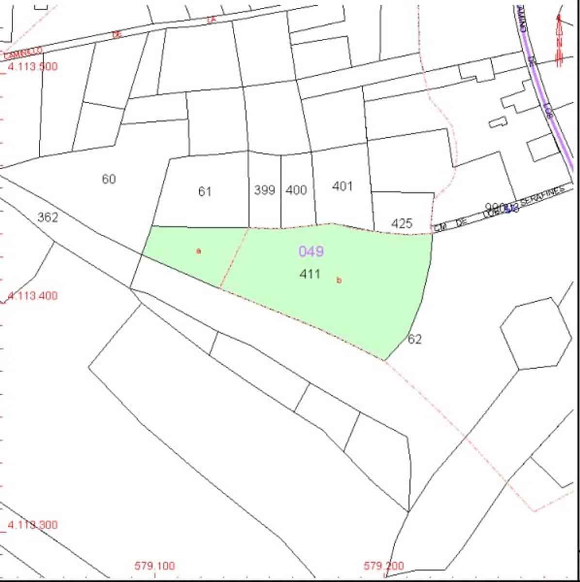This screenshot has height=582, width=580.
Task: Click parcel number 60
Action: pyautogui.click(x=109, y=179)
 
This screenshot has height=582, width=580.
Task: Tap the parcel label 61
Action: pyautogui.click(x=205, y=192)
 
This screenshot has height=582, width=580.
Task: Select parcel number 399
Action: pyautogui.click(x=264, y=190)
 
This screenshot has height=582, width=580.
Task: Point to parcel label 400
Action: pyautogui.click(x=296, y=190)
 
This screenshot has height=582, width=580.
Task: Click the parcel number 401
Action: pyautogui.click(x=342, y=186)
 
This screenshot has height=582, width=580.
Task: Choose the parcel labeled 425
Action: pyautogui.click(x=402, y=224)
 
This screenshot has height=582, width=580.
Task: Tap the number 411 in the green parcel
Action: pyautogui.click(x=310, y=274)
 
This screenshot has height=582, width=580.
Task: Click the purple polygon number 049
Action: pyautogui.click(x=311, y=251)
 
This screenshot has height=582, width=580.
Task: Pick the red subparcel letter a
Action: pyautogui.click(x=198, y=251)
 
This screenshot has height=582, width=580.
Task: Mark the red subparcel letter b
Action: pyautogui.click(x=339, y=280)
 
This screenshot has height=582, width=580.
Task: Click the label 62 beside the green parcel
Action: pyautogui.click(x=415, y=339)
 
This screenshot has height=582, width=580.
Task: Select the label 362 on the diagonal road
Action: pyautogui.click(x=48, y=217)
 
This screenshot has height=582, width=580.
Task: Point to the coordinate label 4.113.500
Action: pyautogui.click(x=32, y=66)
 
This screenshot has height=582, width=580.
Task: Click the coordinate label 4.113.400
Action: pyautogui.click(x=32, y=295)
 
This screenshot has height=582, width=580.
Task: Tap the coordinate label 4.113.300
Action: pyautogui.click(x=32, y=525)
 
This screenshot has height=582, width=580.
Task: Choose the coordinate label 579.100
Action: pyautogui.click(x=154, y=566)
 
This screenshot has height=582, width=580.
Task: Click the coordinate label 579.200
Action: pyautogui.click(x=383, y=566)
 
